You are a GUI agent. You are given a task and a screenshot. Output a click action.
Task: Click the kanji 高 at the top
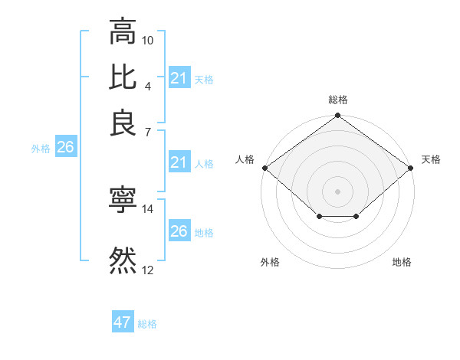[123, 33]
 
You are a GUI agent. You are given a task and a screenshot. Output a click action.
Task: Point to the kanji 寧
[123, 200]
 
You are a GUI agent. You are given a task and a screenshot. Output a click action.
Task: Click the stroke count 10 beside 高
[148, 39]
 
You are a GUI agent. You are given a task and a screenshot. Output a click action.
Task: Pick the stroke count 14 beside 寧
[148, 208]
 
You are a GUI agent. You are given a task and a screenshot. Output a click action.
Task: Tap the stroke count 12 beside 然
[148, 270]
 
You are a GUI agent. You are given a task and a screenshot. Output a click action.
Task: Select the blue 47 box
[123, 322]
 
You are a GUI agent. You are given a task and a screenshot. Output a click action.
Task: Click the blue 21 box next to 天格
[179, 78]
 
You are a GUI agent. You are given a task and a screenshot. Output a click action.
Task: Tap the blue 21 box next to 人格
[179, 162]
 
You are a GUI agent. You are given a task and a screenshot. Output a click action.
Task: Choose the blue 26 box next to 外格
[65, 148]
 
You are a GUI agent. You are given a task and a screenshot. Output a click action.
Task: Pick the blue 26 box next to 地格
[179, 231]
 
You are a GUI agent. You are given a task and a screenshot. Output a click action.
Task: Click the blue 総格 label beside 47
[147, 324]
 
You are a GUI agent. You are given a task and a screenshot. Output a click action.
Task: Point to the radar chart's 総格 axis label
[338, 100]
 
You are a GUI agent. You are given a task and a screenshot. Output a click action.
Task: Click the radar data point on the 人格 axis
[264, 168]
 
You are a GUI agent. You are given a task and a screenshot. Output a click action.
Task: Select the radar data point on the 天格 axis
[412, 168]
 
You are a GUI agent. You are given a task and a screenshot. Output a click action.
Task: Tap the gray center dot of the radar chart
[338, 191]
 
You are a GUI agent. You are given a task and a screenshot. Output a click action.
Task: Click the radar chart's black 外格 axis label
[270, 262]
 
